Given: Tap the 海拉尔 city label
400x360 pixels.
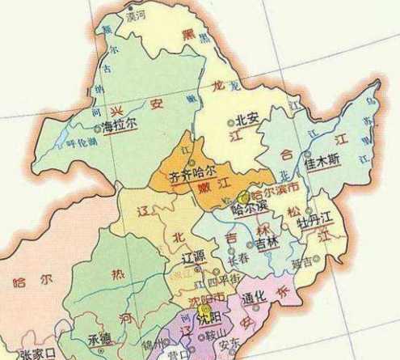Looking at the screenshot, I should (x=120, y=125).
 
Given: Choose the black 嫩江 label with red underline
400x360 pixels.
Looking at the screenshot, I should (x=208, y=188).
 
